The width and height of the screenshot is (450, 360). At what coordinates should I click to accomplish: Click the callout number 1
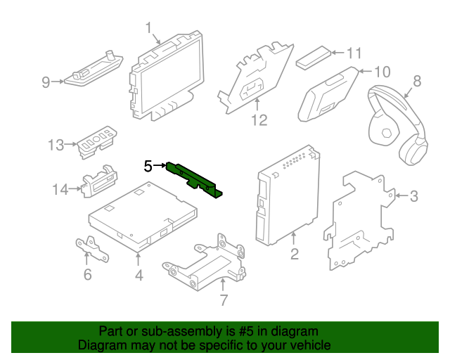pyautogui.click(x=149, y=27)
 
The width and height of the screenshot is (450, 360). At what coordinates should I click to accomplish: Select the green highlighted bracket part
pyautogui.click(x=193, y=179)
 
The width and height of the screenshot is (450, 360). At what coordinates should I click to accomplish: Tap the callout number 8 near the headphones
pyautogui.click(x=416, y=81)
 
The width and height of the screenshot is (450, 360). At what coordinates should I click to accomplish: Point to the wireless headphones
pyautogui.click(x=397, y=127)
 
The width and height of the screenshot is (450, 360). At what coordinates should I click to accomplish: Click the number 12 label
pyautogui.click(x=259, y=121)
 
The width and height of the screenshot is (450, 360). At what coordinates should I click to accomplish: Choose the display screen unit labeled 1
pyautogui.click(x=167, y=77)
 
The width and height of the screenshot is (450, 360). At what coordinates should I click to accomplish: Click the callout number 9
pyautogui.click(x=46, y=83)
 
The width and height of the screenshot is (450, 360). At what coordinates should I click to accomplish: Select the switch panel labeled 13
pyautogui.click(x=94, y=141)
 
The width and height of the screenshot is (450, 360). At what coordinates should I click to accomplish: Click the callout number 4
pyautogui.click(x=139, y=275)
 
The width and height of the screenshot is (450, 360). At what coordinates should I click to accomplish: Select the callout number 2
pyautogui.click(x=295, y=254)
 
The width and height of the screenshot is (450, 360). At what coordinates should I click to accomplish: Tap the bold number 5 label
pyautogui.click(x=148, y=167)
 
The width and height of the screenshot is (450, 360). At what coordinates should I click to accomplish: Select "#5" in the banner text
pyautogui.click(x=249, y=331)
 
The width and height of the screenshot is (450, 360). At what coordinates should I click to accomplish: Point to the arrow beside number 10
pyautogui.click(x=364, y=71)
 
